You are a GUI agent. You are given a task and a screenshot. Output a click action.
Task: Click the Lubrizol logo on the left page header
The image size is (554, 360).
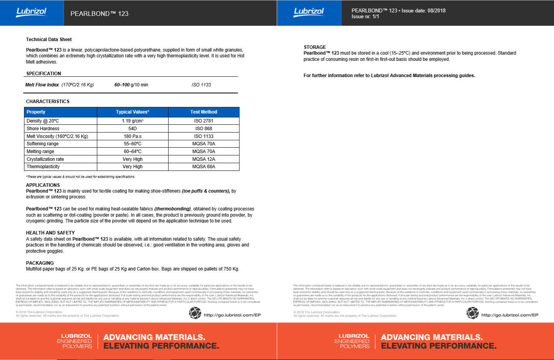(31, 12)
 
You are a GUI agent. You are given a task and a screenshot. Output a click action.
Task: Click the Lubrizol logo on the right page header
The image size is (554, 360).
(309, 12)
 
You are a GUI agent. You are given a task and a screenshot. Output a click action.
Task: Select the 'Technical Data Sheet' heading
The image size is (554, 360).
(49, 40)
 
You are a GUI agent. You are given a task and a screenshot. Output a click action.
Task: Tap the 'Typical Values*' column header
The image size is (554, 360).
(132, 112)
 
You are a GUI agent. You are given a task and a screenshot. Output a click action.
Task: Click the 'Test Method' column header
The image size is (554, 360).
(203, 112)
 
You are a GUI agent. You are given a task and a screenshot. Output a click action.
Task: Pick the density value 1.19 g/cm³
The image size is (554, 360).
(132, 121)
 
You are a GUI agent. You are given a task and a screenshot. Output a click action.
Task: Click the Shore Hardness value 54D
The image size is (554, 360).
(132, 129)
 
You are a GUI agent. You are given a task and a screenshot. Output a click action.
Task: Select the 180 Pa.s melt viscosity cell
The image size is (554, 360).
(132, 136)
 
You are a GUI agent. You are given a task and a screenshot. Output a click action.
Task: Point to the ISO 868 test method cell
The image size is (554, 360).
(203, 129)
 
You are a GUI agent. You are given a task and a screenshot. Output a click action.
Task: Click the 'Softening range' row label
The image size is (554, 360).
(43, 144)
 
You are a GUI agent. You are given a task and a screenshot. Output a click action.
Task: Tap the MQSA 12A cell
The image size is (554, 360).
(203, 159)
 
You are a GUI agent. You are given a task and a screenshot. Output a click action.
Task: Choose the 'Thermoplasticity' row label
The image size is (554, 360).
(43, 167)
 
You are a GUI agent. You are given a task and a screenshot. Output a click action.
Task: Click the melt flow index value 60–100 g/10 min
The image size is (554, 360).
(131, 85)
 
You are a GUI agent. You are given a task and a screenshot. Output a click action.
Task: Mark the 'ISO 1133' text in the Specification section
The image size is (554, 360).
(201, 85)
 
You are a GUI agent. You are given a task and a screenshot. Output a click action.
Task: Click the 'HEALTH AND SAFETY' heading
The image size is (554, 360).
(50, 233)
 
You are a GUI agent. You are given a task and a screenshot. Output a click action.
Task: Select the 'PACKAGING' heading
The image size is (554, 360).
(40, 263)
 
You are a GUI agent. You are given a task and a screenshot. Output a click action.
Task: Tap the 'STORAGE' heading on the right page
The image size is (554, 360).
(315, 47)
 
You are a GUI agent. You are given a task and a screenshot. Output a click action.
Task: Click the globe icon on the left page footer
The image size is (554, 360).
(195, 313)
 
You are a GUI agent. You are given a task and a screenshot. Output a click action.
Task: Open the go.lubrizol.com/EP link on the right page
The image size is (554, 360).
(509, 315)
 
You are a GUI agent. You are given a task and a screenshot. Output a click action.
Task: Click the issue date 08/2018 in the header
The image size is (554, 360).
(437, 11)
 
